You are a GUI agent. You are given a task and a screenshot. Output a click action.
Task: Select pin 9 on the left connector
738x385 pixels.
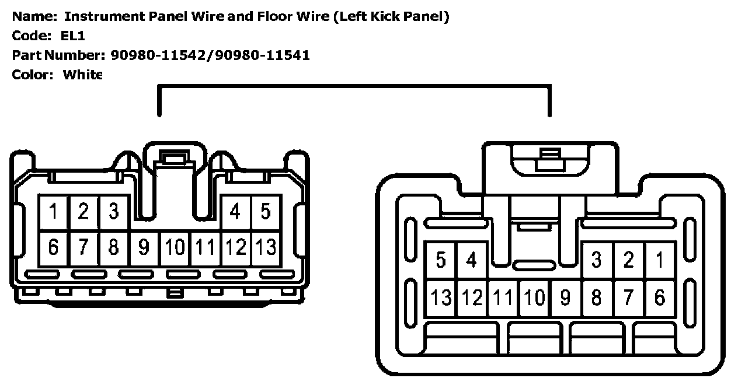point(144,248)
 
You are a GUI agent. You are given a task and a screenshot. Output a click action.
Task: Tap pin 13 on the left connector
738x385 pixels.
point(266,248)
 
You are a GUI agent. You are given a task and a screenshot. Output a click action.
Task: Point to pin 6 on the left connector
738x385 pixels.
point(54,248)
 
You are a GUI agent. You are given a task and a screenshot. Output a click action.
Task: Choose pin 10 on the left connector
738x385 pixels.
point(175,248)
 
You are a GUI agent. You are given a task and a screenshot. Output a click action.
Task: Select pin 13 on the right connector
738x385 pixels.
point(441,298)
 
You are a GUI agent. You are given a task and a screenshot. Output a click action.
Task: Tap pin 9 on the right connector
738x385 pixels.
point(565,298)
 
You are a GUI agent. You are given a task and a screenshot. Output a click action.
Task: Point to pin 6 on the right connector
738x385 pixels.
point(660,298)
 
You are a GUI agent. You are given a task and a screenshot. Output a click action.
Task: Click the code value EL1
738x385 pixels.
point(73,36)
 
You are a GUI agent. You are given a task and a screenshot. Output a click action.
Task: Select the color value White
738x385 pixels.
point(82,75)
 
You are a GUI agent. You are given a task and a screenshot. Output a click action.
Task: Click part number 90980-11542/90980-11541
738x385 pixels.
point(210,55)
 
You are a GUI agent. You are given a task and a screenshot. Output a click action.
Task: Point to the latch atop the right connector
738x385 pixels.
point(548,159)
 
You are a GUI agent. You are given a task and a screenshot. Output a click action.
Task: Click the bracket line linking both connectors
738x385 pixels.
point(354,86)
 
